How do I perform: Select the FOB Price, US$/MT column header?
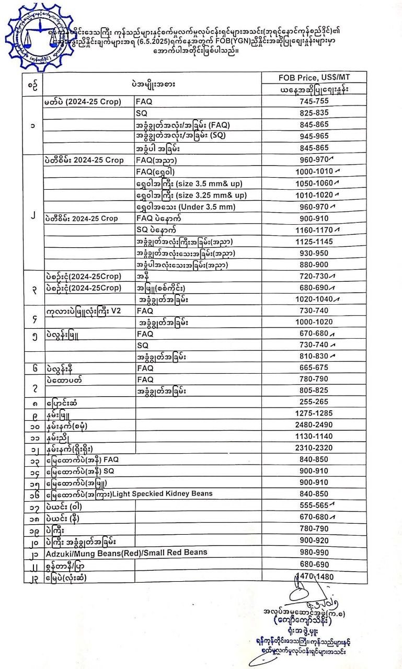pos(314,77)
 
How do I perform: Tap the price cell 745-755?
pos(314,101)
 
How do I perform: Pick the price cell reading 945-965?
pos(314,136)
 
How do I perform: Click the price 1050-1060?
pos(314,183)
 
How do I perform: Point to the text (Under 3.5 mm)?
pos(193,206)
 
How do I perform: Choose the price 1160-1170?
pos(314,230)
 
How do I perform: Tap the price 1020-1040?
pos(314,299)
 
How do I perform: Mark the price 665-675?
pos(314,368)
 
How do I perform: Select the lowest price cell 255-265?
pos(314,402)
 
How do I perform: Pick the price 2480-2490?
pos(314,425)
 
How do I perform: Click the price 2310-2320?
pos(314,448)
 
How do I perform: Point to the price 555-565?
pos(314,506)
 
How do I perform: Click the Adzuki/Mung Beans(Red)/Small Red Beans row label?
pos(126,552)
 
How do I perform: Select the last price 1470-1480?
pos(314,576)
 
